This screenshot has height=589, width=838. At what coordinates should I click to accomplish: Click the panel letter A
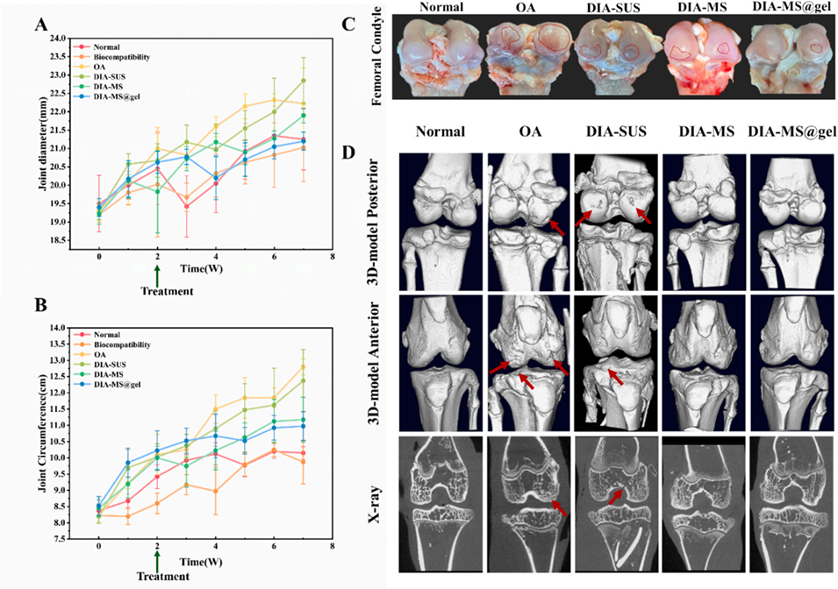[39, 25]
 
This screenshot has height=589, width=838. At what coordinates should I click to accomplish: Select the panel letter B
[39, 308]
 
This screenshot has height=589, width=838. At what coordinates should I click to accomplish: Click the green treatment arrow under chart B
[157, 559]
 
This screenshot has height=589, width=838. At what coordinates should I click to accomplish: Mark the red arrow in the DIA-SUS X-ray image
[618, 498]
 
